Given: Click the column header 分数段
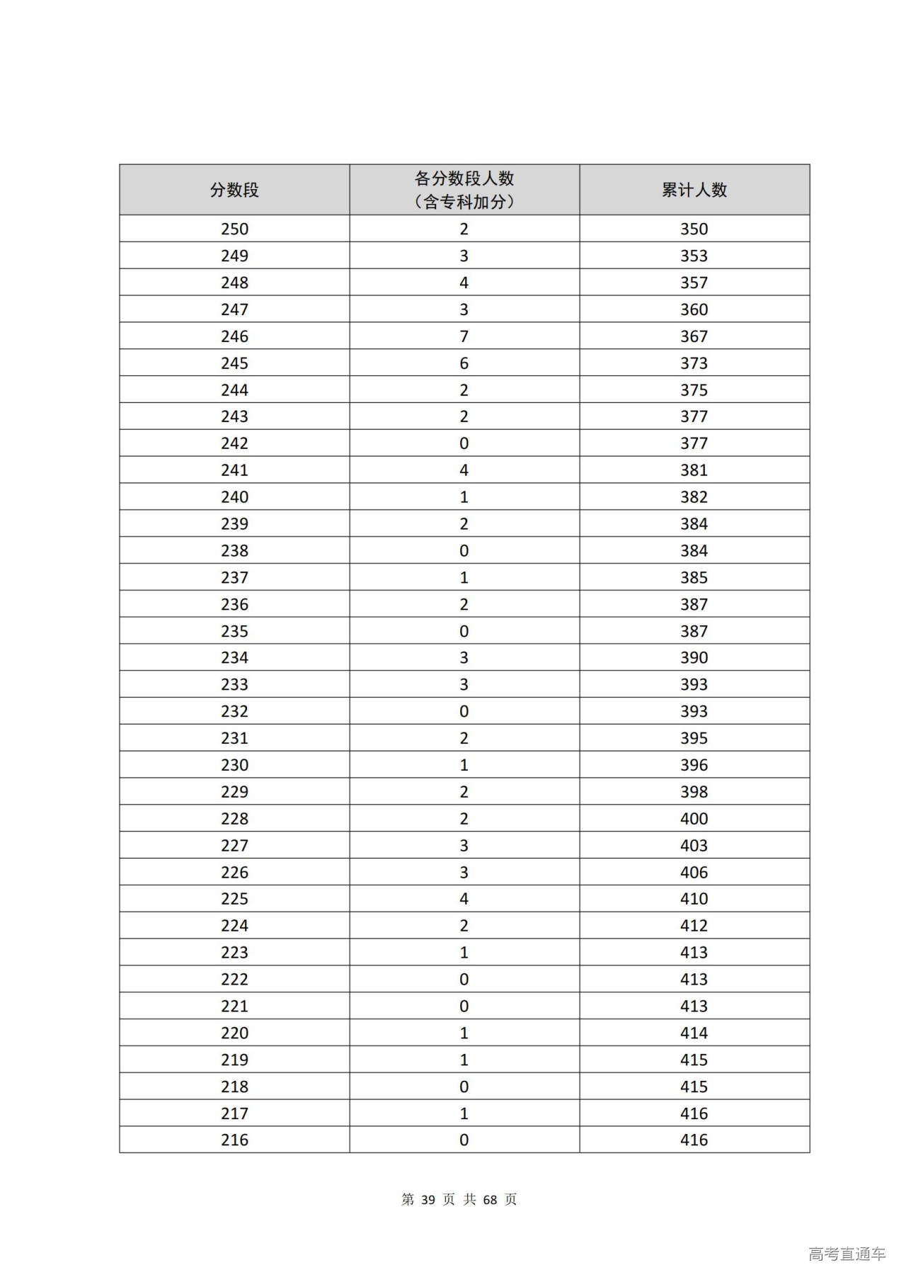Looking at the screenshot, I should [234, 190].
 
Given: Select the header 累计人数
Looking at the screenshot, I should [694, 190].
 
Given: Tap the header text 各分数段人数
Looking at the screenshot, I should [464, 178].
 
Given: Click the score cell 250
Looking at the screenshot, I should [234, 229].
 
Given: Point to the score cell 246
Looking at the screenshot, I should [234, 336].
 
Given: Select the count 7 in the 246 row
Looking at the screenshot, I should [464, 336].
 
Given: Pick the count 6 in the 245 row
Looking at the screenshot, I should [464, 363].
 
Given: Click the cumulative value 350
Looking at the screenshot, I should [694, 229].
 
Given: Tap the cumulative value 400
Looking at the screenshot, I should [694, 819].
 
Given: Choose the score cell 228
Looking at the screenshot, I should [234, 819].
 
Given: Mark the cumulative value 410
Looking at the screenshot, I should [694, 899].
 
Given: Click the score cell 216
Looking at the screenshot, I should [234, 1140].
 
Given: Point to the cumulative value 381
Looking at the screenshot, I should [694, 470].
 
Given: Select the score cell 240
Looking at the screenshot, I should [234, 497].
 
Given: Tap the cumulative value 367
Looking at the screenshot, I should [694, 336].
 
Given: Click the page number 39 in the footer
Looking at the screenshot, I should [428, 1199].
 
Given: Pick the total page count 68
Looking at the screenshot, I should [490, 1199].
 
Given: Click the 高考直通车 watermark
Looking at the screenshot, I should [847, 1254].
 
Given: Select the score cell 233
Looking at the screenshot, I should [234, 684].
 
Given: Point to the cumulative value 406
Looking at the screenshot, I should [694, 872].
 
